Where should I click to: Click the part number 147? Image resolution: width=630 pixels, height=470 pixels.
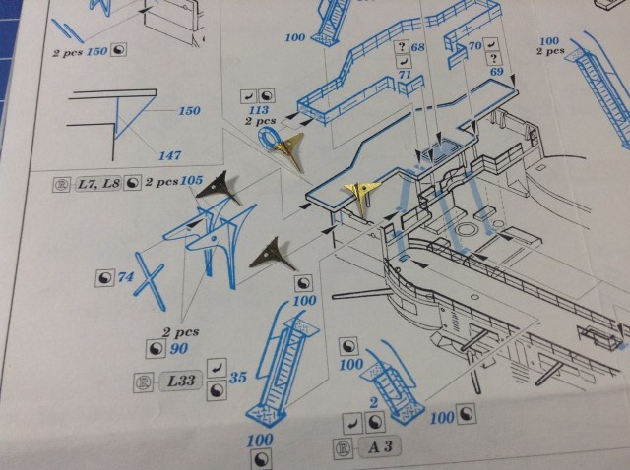pos(170,154)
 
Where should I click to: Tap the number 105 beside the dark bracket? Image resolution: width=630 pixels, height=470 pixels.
pos(192,180)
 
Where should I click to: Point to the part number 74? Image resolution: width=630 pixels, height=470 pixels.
pos(125,277)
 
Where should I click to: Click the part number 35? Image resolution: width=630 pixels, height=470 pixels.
pos(237,378)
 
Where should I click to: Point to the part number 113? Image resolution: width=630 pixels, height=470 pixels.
pos(258,111)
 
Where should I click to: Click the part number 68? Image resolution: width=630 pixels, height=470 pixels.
pos(417,47)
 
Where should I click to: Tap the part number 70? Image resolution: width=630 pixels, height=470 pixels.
pos(474,45)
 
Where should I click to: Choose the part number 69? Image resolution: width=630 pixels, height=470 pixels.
pos(496,73)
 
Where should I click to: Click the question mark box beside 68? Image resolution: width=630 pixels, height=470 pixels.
pos(401,47)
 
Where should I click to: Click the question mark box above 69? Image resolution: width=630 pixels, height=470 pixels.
pos(489,59)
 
